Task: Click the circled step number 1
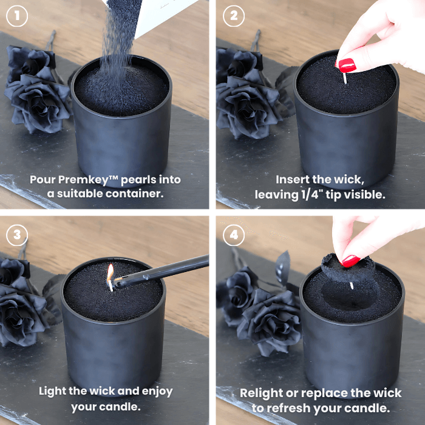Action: tap(17, 16)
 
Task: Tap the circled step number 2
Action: tap(234, 16)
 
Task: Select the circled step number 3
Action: tap(17, 235)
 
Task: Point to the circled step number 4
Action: tap(234, 235)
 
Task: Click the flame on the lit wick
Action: tap(110, 272)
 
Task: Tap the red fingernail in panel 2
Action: tap(347, 66)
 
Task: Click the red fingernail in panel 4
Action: tap(351, 260)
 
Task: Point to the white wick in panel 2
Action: tap(345, 78)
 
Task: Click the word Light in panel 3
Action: tap(52, 391)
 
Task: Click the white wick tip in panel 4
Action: tap(352, 285)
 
